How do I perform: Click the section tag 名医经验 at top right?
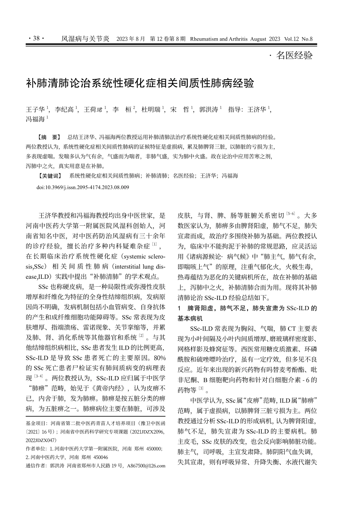tap(294, 55)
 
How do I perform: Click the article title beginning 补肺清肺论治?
tap(140, 84)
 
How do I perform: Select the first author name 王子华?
tap(35, 109)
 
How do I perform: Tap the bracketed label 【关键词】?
tap(50, 176)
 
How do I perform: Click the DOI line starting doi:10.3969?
tap(83, 187)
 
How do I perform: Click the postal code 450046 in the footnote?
tap(100, 457)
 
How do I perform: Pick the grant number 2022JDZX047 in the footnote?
tap(41, 440)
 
